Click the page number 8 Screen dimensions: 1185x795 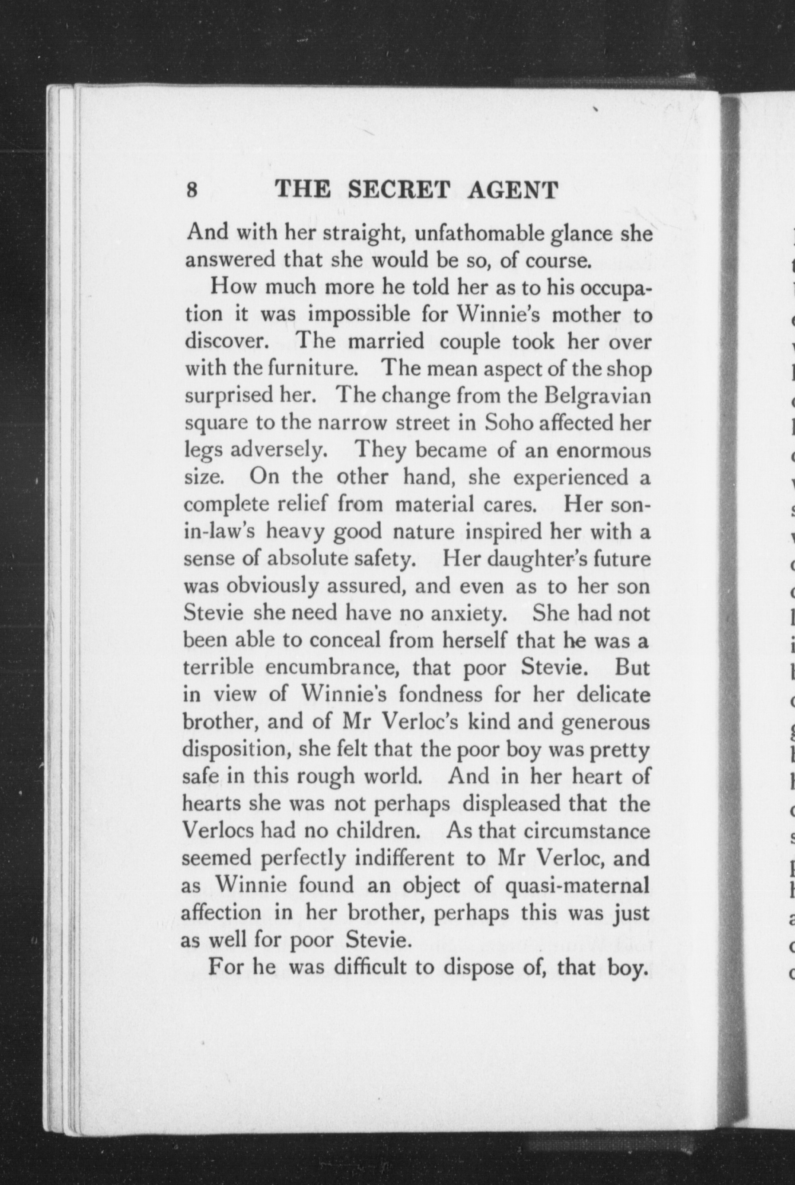coord(192,191)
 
